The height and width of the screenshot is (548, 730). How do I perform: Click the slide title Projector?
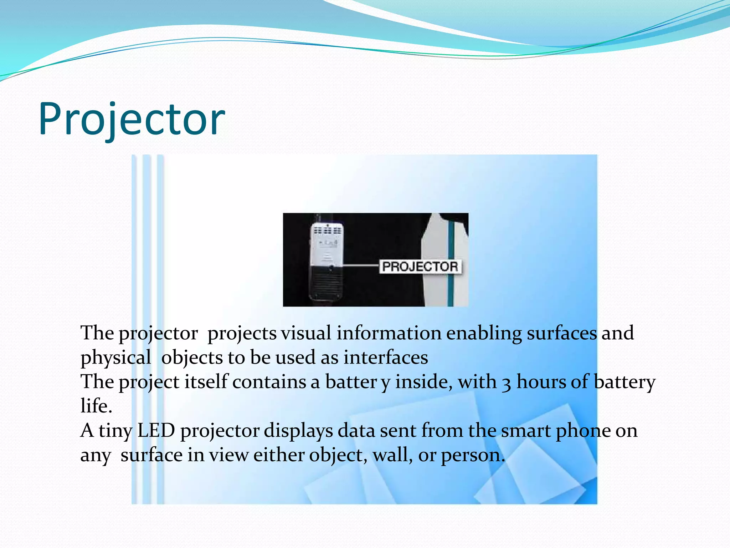(x=132, y=120)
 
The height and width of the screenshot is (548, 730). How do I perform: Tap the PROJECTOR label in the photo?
(x=420, y=267)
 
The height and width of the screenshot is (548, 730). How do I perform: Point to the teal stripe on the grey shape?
(x=451, y=264)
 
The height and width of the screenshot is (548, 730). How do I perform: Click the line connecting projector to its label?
(x=360, y=265)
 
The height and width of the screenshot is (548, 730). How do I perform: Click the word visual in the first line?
(x=306, y=333)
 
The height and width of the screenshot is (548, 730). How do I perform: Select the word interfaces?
(x=386, y=357)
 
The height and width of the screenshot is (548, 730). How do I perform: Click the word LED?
(x=156, y=431)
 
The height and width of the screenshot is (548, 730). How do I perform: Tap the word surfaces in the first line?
(x=561, y=333)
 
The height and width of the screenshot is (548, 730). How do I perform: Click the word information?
(x=389, y=333)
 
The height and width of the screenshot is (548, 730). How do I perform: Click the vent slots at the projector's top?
(x=327, y=230)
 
